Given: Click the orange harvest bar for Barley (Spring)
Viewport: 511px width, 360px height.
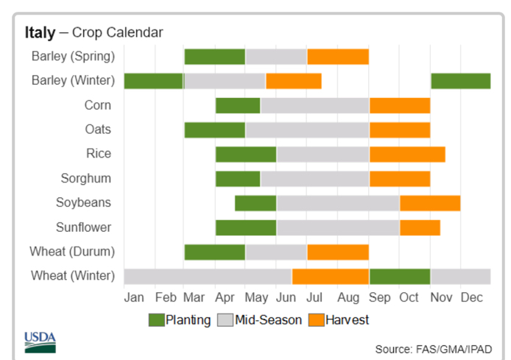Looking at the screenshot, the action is coord(338,57).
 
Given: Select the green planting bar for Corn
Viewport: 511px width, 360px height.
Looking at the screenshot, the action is coord(238,105).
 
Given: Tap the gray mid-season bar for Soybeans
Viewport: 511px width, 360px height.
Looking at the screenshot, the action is coord(338,203).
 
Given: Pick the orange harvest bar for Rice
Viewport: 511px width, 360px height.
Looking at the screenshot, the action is coord(407,155).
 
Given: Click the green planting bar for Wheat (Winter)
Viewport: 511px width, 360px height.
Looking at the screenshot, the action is coord(400,277).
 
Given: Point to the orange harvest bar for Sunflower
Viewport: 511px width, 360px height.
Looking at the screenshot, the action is coord(420,227).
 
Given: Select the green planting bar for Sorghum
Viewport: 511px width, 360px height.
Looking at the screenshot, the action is coord(238,179).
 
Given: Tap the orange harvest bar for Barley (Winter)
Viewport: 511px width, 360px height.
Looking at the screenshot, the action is coord(294,81).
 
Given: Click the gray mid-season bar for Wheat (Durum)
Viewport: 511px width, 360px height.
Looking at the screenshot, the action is coord(276,253).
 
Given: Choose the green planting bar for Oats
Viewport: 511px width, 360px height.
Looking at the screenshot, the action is coord(215,130).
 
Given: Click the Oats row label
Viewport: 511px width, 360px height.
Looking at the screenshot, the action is coord(98,130).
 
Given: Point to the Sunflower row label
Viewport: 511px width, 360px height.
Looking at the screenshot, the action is coord(83,227).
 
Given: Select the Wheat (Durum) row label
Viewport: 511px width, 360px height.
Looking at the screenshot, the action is coord(72,252).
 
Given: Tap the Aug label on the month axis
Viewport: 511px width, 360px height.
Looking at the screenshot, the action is coord(348,297).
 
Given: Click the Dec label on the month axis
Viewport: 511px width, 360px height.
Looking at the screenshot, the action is coord(471,297).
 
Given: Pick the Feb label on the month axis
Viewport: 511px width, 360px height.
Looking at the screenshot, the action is coord(166,297).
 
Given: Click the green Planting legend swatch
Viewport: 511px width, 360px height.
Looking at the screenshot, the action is coord(156,320).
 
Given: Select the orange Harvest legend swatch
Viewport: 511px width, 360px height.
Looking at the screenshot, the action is coord(317,320).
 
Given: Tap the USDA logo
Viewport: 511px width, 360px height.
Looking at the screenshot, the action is coord(40,342).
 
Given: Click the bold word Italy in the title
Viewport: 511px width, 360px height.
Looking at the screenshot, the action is coord(40,32).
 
